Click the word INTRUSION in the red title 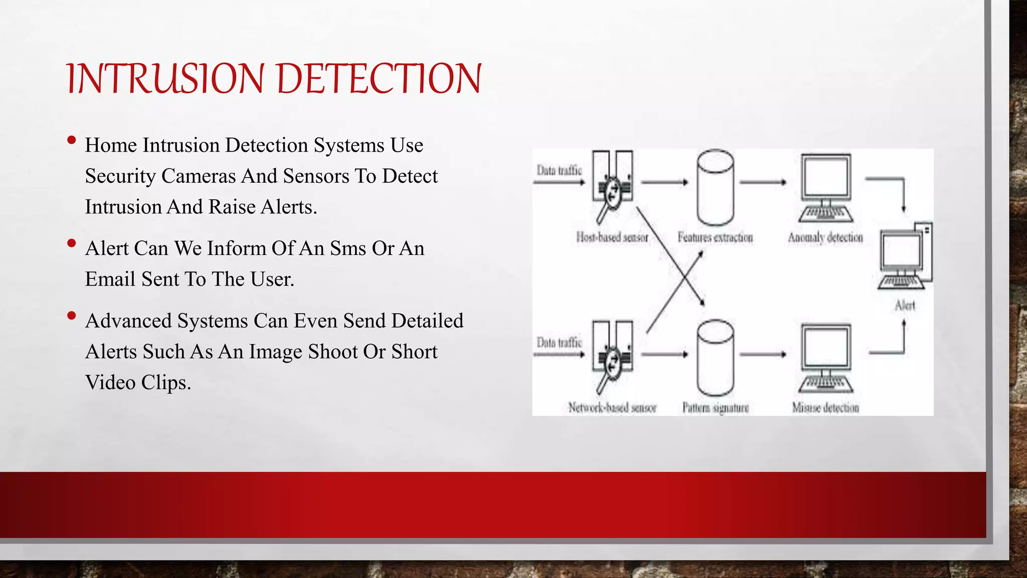point(165,79)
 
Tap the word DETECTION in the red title point(379,79)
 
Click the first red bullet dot point(71,140)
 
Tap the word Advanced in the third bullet point(128,321)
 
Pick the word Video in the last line point(110,383)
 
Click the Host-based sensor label point(612,237)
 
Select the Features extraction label point(715,237)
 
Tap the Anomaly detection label point(825,237)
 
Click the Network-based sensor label point(612,407)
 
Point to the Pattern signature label point(715,407)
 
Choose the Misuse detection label point(825,407)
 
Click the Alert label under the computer point(905,306)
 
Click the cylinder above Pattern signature point(716,358)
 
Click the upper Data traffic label point(559,171)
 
